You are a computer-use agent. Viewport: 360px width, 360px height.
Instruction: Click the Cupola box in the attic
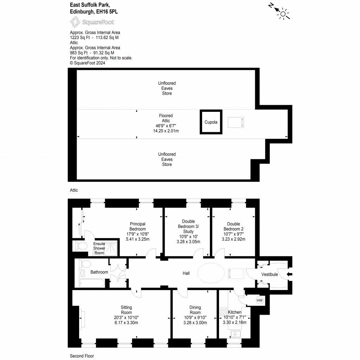point(211,122)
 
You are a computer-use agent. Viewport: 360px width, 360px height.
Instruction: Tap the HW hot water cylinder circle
point(259,300)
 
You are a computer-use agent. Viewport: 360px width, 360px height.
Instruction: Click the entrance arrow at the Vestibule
point(289,274)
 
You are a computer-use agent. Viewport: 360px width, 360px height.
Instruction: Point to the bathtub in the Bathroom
point(91,283)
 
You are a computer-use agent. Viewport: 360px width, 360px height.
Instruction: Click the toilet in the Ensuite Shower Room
point(80,246)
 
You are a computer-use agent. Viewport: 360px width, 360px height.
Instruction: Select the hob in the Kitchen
point(223,312)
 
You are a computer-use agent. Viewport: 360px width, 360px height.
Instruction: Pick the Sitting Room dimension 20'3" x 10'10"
point(126,317)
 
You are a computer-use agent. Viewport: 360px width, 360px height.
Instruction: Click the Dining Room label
point(195,310)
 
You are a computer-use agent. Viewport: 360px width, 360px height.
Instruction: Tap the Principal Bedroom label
point(137,226)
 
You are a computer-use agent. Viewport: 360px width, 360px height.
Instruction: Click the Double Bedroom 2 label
point(233,226)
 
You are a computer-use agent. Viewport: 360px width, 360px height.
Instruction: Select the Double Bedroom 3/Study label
point(188,226)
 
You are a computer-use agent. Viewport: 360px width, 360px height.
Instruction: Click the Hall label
point(186,273)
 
